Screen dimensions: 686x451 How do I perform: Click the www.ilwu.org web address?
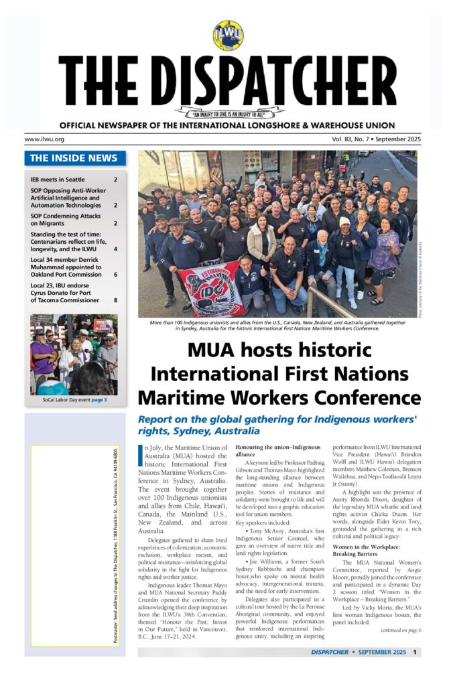click(x=44, y=139)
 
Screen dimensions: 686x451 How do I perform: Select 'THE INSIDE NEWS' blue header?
click(x=75, y=159)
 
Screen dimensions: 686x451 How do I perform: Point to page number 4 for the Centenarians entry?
click(x=115, y=249)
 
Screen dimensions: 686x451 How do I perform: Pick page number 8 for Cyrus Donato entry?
click(x=115, y=301)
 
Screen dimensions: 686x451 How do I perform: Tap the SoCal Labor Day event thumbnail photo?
click(x=74, y=354)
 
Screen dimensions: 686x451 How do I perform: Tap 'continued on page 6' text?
click(x=400, y=630)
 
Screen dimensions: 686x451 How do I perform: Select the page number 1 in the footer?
click(x=415, y=651)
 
